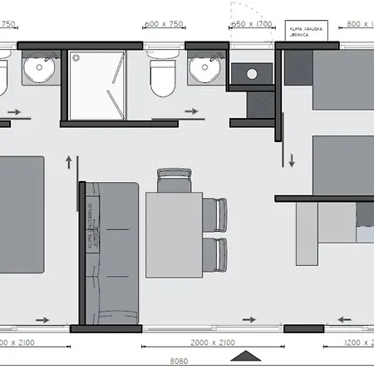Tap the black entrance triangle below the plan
click(244, 356)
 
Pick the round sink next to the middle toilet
click(202, 72)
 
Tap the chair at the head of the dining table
click(173, 178)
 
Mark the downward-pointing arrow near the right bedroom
click(292, 158)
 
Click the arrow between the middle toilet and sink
click(192, 110)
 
